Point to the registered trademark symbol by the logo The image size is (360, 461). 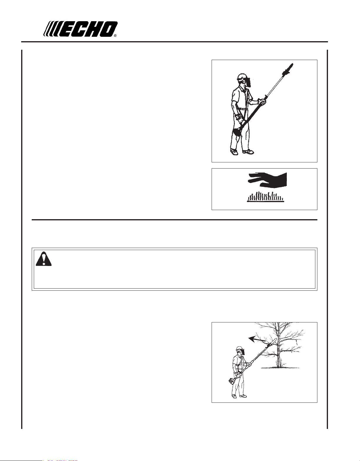click(x=115, y=36)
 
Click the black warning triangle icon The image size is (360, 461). click(x=44, y=259)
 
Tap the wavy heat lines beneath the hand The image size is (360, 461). click(x=265, y=197)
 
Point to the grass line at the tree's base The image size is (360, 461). click(x=280, y=368)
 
